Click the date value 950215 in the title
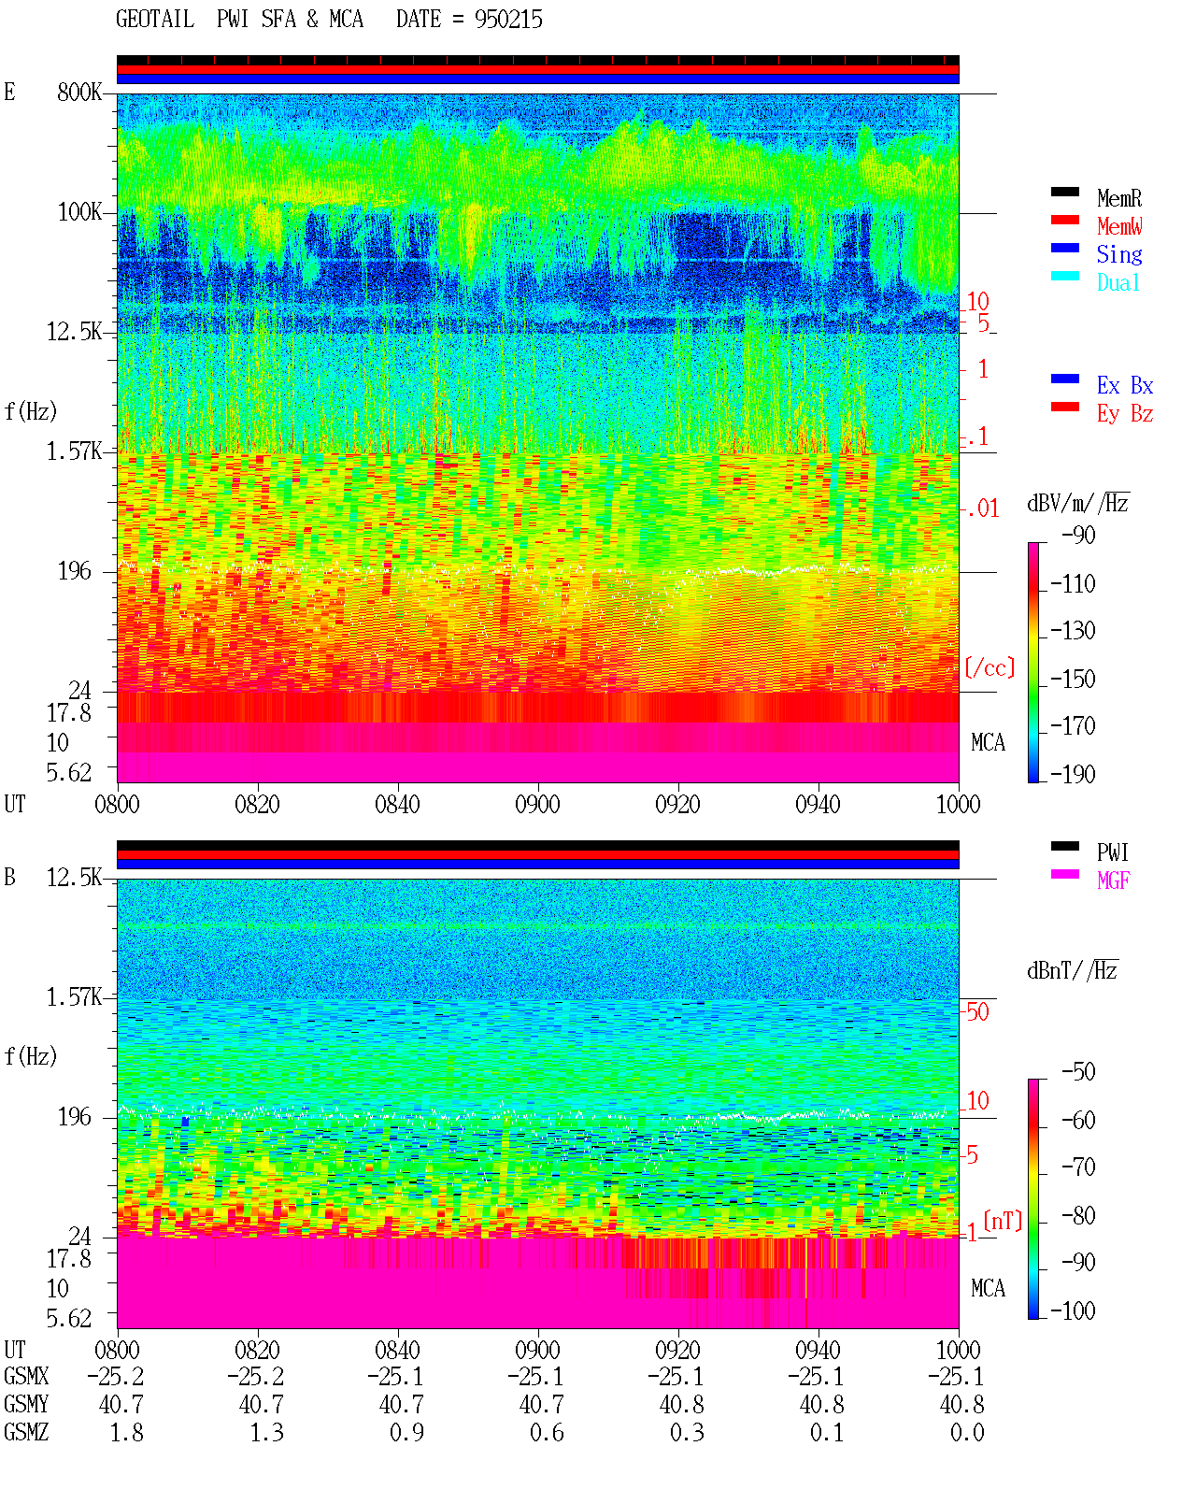[508, 20]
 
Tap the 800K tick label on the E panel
[79, 92]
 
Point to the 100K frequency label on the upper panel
[79, 212]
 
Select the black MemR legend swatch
[1064, 192]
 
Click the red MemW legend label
[1119, 226]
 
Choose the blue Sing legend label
[1119, 254]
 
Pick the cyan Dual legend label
[1118, 282]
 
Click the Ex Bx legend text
[1125, 385]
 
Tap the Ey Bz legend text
[1125, 414]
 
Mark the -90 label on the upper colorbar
[1078, 535]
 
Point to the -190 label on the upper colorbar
[1073, 774]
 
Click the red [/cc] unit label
[990, 667]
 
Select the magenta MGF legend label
[1113, 881]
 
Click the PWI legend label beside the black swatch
[1112, 852]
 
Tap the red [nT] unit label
[1003, 1222]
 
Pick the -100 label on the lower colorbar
[1073, 1310]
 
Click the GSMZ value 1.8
[126, 1432]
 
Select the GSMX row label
[26, 1376]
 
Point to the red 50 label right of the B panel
[977, 1011]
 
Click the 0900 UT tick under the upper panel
[537, 804]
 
